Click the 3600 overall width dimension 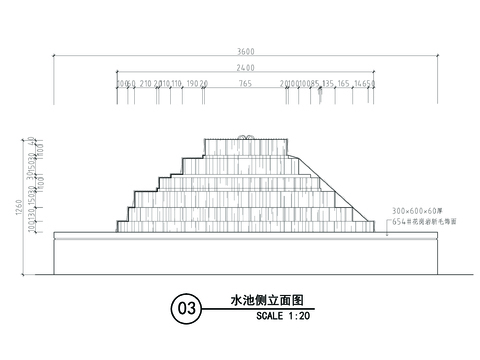coord(246,54)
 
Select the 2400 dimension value coord(246,68)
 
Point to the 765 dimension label coord(245,83)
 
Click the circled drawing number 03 coord(185,308)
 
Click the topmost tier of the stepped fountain coord(245,146)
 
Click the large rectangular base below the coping coord(245,254)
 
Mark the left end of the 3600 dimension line coord(55,60)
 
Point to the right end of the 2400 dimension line coord(374,74)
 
